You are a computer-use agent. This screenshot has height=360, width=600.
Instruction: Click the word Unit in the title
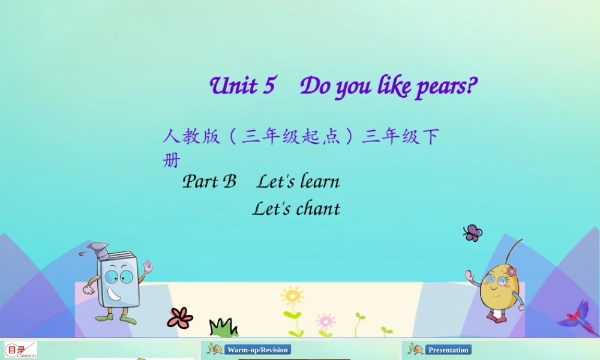pyautogui.click(x=233, y=86)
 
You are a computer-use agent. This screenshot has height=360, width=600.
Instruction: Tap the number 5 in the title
pyautogui.click(x=268, y=86)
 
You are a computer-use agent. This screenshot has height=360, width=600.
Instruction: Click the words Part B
pyautogui.click(x=209, y=181)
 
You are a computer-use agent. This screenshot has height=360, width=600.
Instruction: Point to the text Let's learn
pyautogui.click(x=298, y=181)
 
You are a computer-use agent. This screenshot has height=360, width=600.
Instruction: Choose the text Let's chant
pyautogui.click(x=296, y=209)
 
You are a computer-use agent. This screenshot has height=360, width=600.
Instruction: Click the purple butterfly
pyautogui.click(x=473, y=233)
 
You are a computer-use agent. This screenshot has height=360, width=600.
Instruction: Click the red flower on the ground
pyautogui.click(x=179, y=317)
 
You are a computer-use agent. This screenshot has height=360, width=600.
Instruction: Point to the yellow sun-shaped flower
pyautogui.click(x=292, y=297)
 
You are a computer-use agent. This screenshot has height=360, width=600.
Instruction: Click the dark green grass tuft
pyautogui.click(x=223, y=328)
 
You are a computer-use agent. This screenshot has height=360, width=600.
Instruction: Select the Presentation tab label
pyautogui.click(x=448, y=350)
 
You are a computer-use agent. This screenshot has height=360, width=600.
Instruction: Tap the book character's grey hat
pyautogui.click(x=98, y=250)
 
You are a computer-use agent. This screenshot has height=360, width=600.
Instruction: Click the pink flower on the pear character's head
pyautogui.click(x=511, y=271)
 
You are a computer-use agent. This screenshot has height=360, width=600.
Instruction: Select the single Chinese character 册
pyautogui.click(x=171, y=161)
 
